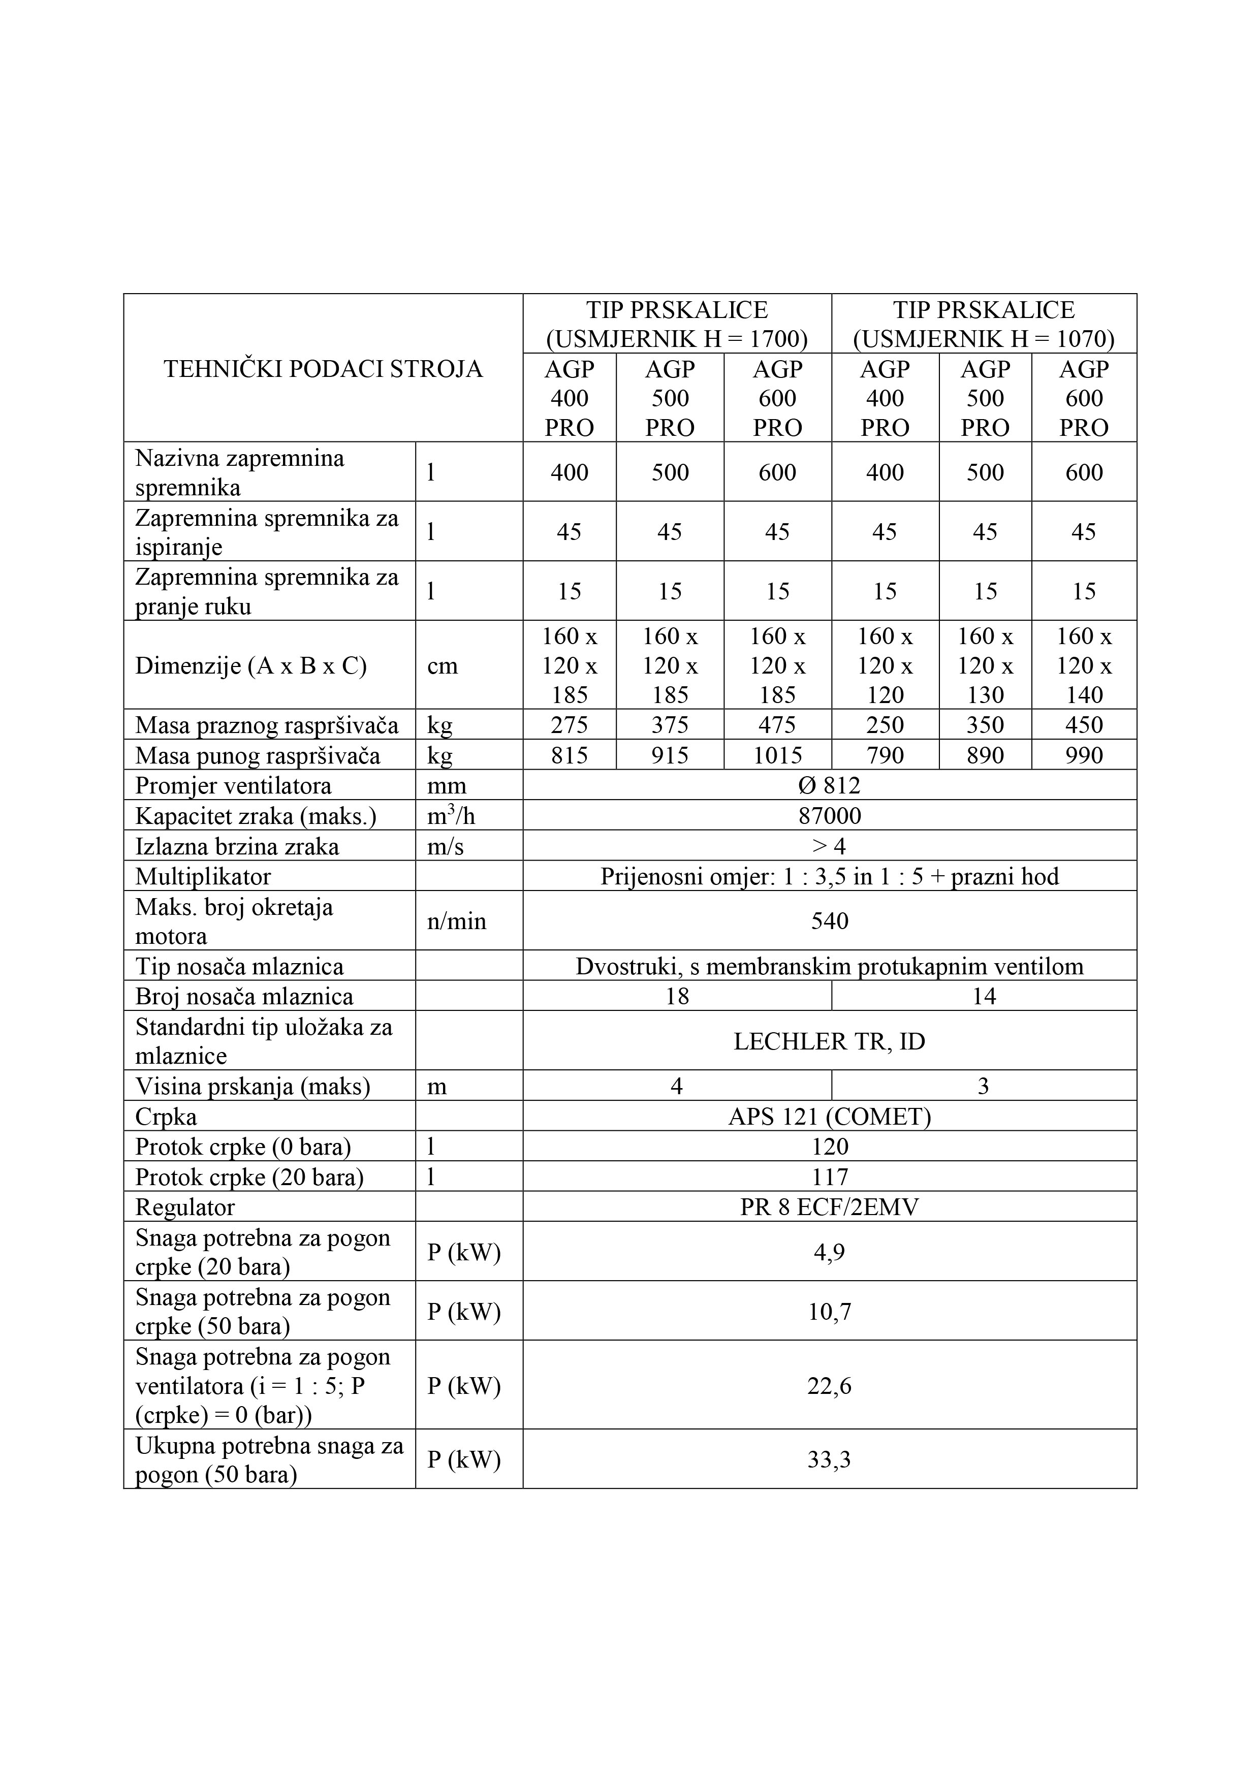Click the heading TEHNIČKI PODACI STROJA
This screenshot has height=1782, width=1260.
[323, 369]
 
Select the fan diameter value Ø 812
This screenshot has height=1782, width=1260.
[829, 785]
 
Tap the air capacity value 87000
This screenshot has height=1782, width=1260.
[829, 816]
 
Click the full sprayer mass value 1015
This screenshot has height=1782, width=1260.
[777, 755]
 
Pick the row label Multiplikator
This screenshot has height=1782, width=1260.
[203, 877]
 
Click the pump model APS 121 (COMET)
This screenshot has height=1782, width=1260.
[829, 1117]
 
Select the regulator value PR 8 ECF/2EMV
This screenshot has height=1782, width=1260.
[829, 1207]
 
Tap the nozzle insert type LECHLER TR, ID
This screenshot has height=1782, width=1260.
[829, 1041]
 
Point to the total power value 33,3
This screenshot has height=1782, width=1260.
[829, 1460]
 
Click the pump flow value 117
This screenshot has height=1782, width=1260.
[829, 1178]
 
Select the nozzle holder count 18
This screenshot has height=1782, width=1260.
[677, 997]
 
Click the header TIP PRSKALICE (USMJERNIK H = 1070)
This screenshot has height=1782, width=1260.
[984, 325]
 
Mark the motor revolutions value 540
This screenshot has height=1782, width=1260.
[829, 921]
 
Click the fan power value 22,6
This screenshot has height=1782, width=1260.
[829, 1386]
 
